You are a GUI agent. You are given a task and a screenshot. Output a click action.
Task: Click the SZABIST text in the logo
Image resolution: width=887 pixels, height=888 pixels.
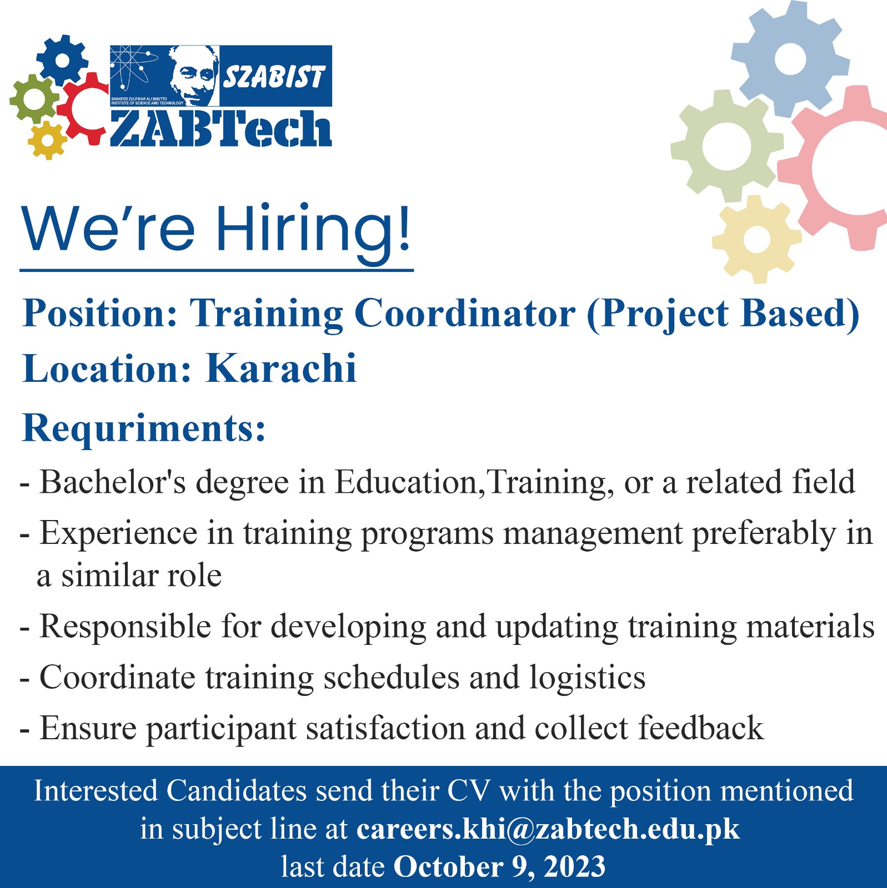pos(274,77)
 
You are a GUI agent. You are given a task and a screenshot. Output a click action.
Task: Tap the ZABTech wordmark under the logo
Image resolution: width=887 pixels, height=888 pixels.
pos(221,128)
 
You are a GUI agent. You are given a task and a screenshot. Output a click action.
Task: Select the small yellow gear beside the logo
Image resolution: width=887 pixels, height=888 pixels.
pos(47,140)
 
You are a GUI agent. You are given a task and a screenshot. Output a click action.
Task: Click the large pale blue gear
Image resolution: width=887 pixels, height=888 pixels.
pos(790,59)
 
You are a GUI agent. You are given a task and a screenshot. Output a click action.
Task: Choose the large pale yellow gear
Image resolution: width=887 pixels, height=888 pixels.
pos(756,239)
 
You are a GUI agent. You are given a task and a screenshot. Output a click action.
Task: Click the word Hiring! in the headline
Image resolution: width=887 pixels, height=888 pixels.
pos(314,229)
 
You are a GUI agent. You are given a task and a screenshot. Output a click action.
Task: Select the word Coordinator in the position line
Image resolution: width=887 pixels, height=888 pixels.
pos(464,314)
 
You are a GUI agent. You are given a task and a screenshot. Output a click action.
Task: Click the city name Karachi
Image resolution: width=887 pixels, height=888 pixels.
pos(281,369)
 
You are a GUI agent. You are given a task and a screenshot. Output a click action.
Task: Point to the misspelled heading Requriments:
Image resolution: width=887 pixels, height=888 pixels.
pos(144,428)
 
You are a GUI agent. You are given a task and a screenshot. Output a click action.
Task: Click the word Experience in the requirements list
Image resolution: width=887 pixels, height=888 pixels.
pos(118,533)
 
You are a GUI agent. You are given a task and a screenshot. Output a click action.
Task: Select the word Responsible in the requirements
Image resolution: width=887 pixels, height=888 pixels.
pos(126,627)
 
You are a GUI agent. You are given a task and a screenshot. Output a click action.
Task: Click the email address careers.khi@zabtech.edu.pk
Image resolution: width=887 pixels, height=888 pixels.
pos(548,829)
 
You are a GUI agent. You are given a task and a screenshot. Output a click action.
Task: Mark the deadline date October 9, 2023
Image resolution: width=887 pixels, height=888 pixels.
pos(499,867)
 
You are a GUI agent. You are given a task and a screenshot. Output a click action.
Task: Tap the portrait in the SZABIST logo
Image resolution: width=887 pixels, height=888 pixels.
pos(193,76)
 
